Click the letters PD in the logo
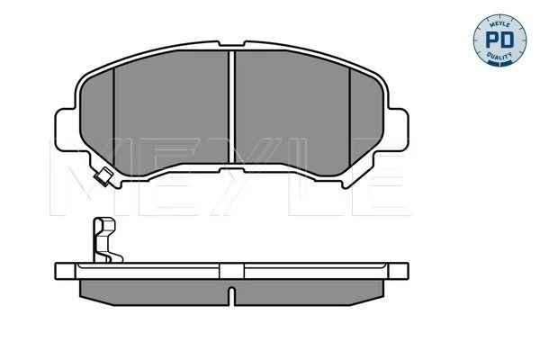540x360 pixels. coord(499,40)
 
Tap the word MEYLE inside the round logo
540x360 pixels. coord(499,23)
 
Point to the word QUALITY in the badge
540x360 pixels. coord(499,56)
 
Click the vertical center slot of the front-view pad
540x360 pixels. coord(232,107)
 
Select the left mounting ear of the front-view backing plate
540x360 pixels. coord(66,130)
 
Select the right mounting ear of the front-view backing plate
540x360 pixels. coord(398,130)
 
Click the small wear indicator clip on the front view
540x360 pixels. coord(103,176)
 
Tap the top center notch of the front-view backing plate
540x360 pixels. coord(232,44)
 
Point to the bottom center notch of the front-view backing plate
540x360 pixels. coord(232,170)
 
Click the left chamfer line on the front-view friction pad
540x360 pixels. coord(113,118)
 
